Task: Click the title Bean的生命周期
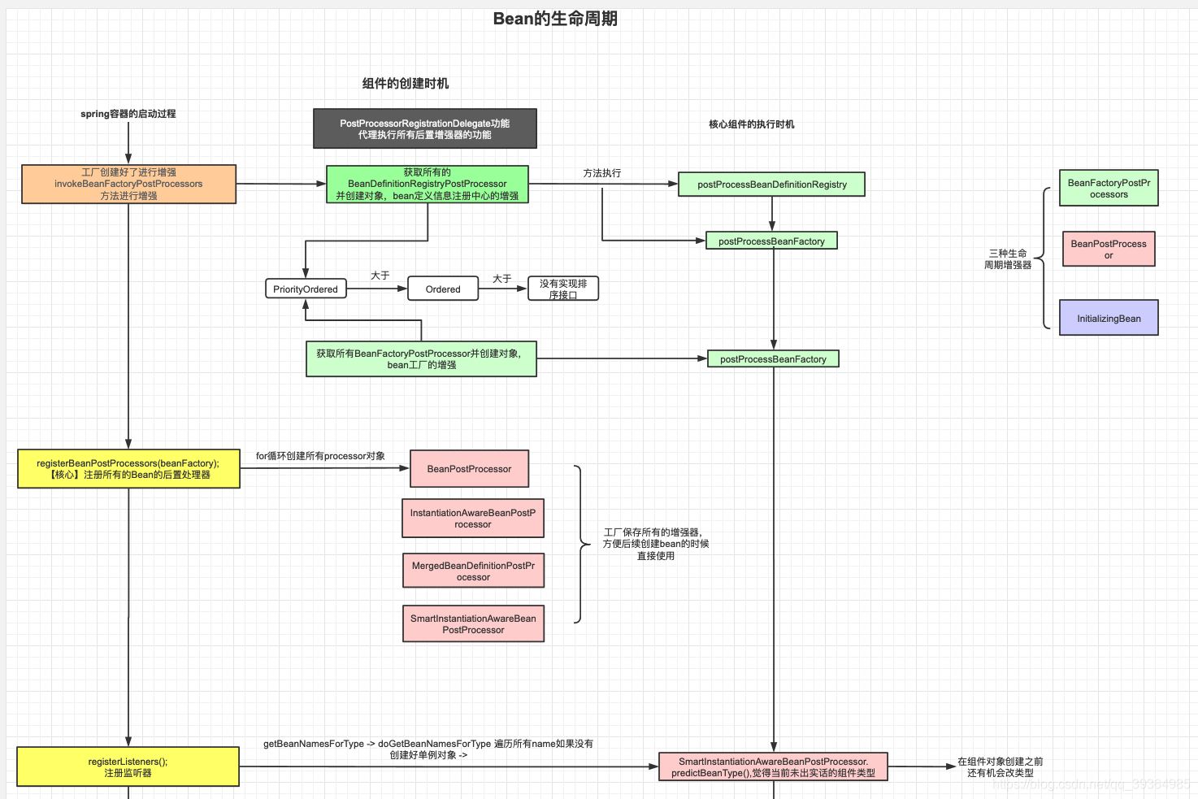(555, 19)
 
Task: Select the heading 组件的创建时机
(405, 83)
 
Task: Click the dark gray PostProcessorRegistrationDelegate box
(424, 128)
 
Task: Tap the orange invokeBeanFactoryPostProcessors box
(128, 184)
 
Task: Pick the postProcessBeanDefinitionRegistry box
(771, 185)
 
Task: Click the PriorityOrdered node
(306, 289)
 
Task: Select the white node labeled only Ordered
(442, 289)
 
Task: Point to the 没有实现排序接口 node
(562, 289)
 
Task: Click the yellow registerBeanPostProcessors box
(128, 469)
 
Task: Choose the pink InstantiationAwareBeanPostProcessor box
(472, 519)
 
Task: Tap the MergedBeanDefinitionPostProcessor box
(473, 571)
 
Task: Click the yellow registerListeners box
(128, 766)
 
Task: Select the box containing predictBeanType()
(772, 766)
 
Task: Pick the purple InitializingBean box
(1109, 318)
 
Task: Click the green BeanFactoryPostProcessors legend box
(1109, 188)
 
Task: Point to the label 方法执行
(601, 173)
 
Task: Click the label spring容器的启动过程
(128, 114)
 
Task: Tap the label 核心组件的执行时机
(751, 124)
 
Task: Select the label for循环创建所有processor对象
(320, 456)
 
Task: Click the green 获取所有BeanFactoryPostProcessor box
(421, 358)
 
